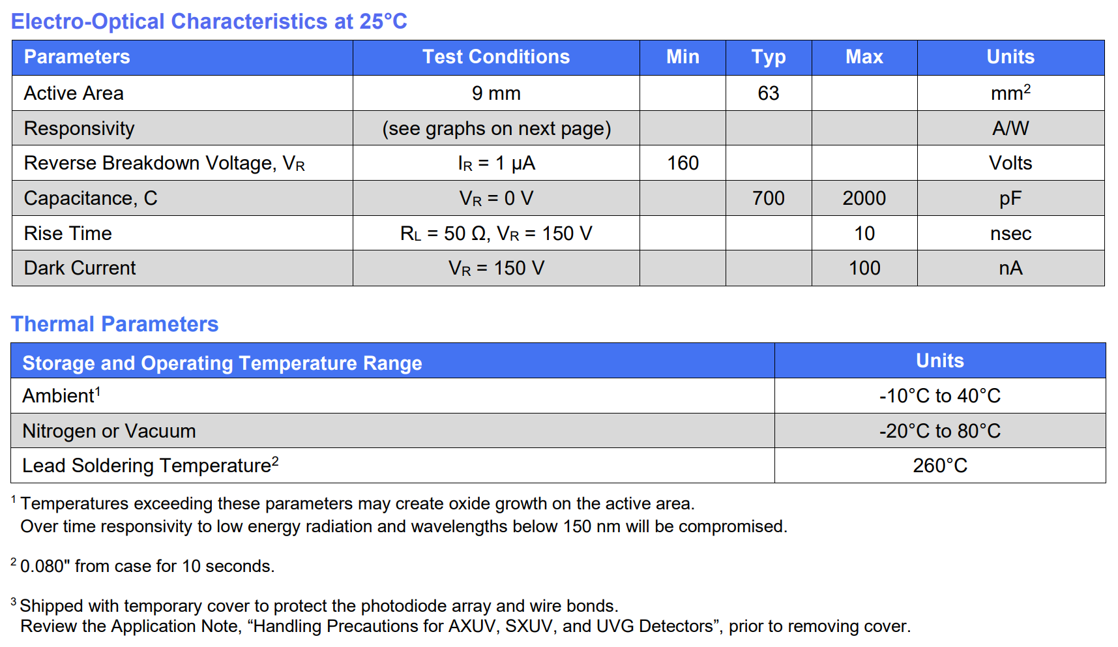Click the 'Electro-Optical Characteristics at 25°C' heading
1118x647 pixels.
pos(209,22)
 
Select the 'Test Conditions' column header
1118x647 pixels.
pos(495,57)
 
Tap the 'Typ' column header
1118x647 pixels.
pos(768,57)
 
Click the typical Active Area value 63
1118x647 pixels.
pos(768,93)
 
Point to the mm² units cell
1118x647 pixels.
pos(1010,93)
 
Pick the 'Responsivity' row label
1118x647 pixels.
pos(79,128)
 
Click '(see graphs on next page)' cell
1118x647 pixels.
pos(495,128)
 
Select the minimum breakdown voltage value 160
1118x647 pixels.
pos(683,163)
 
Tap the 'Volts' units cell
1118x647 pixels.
pos(1010,163)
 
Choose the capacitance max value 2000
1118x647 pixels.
pos(864,198)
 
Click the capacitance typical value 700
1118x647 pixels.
pos(768,198)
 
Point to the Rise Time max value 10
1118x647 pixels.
pos(864,233)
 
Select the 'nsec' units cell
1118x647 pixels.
pos(1010,233)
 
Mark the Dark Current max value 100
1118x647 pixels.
pos(864,268)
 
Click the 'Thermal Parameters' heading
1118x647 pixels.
pos(114,324)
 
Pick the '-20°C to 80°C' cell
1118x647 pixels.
pos(939,431)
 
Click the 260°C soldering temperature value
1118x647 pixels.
pos(939,466)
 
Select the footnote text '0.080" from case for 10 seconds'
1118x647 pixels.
pos(147,566)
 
